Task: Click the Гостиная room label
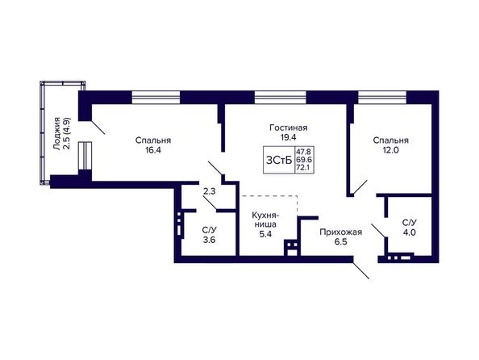point(289,128)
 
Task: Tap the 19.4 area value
point(289,137)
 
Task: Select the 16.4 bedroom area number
point(153,150)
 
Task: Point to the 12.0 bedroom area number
point(391,150)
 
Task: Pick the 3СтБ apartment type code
point(279,160)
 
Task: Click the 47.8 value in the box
point(303,152)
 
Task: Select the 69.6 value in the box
point(303,160)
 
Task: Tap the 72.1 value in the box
point(303,168)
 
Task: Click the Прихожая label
point(340,232)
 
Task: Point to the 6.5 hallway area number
point(340,242)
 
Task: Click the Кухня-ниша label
point(265,220)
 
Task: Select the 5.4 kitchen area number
point(265,234)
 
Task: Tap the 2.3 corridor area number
point(210,192)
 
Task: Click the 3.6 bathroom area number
point(209,240)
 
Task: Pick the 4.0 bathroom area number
point(409,232)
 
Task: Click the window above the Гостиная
point(281,98)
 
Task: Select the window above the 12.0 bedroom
point(382,98)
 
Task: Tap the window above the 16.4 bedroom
point(156,98)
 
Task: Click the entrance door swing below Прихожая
point(361,270)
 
